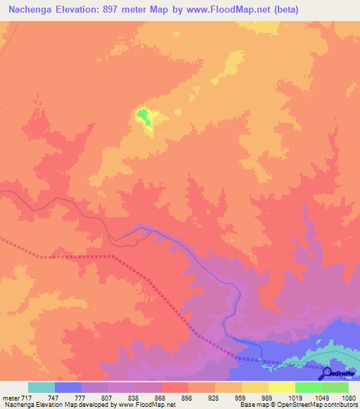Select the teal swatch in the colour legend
click(x=41, y=387)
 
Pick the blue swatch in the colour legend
click(x=67, y=387)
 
